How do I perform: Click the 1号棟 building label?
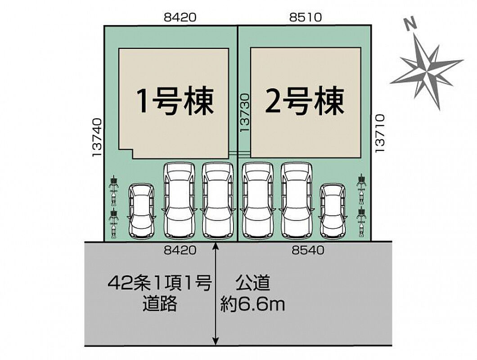[175, 101]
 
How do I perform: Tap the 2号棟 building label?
[305, 101]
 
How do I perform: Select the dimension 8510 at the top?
[306, 18]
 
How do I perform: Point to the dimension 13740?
[98, 137]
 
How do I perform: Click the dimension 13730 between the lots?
[244, 112]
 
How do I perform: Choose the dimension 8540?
[308, 251]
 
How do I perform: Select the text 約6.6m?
[252, 306]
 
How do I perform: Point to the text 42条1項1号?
[159, 284]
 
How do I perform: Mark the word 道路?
[159, 306]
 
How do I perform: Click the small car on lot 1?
[142, 211]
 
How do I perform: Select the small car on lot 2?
[333, 211]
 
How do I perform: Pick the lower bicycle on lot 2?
[361, 220]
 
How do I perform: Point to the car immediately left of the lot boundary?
[218, 200]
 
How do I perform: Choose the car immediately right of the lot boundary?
[257, 200]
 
